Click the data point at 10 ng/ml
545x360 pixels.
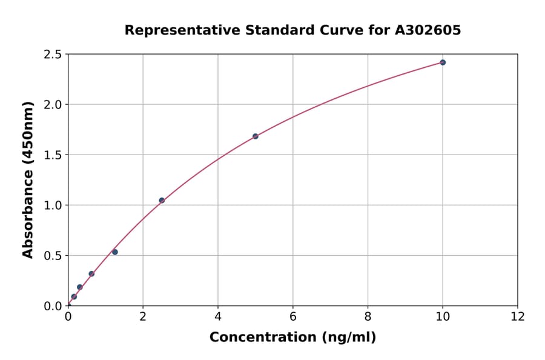pyautogui.click(x=443, y=62)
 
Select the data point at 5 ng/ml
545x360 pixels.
pyautogui.click(x=256, y=136)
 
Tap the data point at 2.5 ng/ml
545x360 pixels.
pyautogui.click(x=162, y=201)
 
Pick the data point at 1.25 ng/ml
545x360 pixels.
pyautogui.click(x=115, y=252)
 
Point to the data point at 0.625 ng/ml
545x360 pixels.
pyautogui.click(x=91, y=274)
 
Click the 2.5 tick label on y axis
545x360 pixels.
pyautogui.click(x=53, y=55)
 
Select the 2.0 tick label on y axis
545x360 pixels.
pyautogui.click(x=53, y=105)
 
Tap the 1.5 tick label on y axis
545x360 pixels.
pyautogui.click(x=53, y=155)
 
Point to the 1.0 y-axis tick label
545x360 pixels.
pyautogui.click(x=53, y=205)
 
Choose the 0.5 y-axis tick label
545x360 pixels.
pyautogui.click(x=53, y=256)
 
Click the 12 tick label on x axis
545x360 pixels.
pyautogui.click(x=518, y=316)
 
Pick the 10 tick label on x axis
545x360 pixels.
pyautogui.click(x=443, y=316)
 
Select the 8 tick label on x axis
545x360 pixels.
pyautogui.click(x=368, y=316)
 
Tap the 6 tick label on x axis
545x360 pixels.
pyautogui.click(x=293, y=316)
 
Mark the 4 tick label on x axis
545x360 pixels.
pyautogui.click(x=218, y=316)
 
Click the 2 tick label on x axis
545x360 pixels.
pyautogui.click(x=143, y=316)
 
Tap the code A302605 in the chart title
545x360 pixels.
pyautogui.click(x=429, y=30)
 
